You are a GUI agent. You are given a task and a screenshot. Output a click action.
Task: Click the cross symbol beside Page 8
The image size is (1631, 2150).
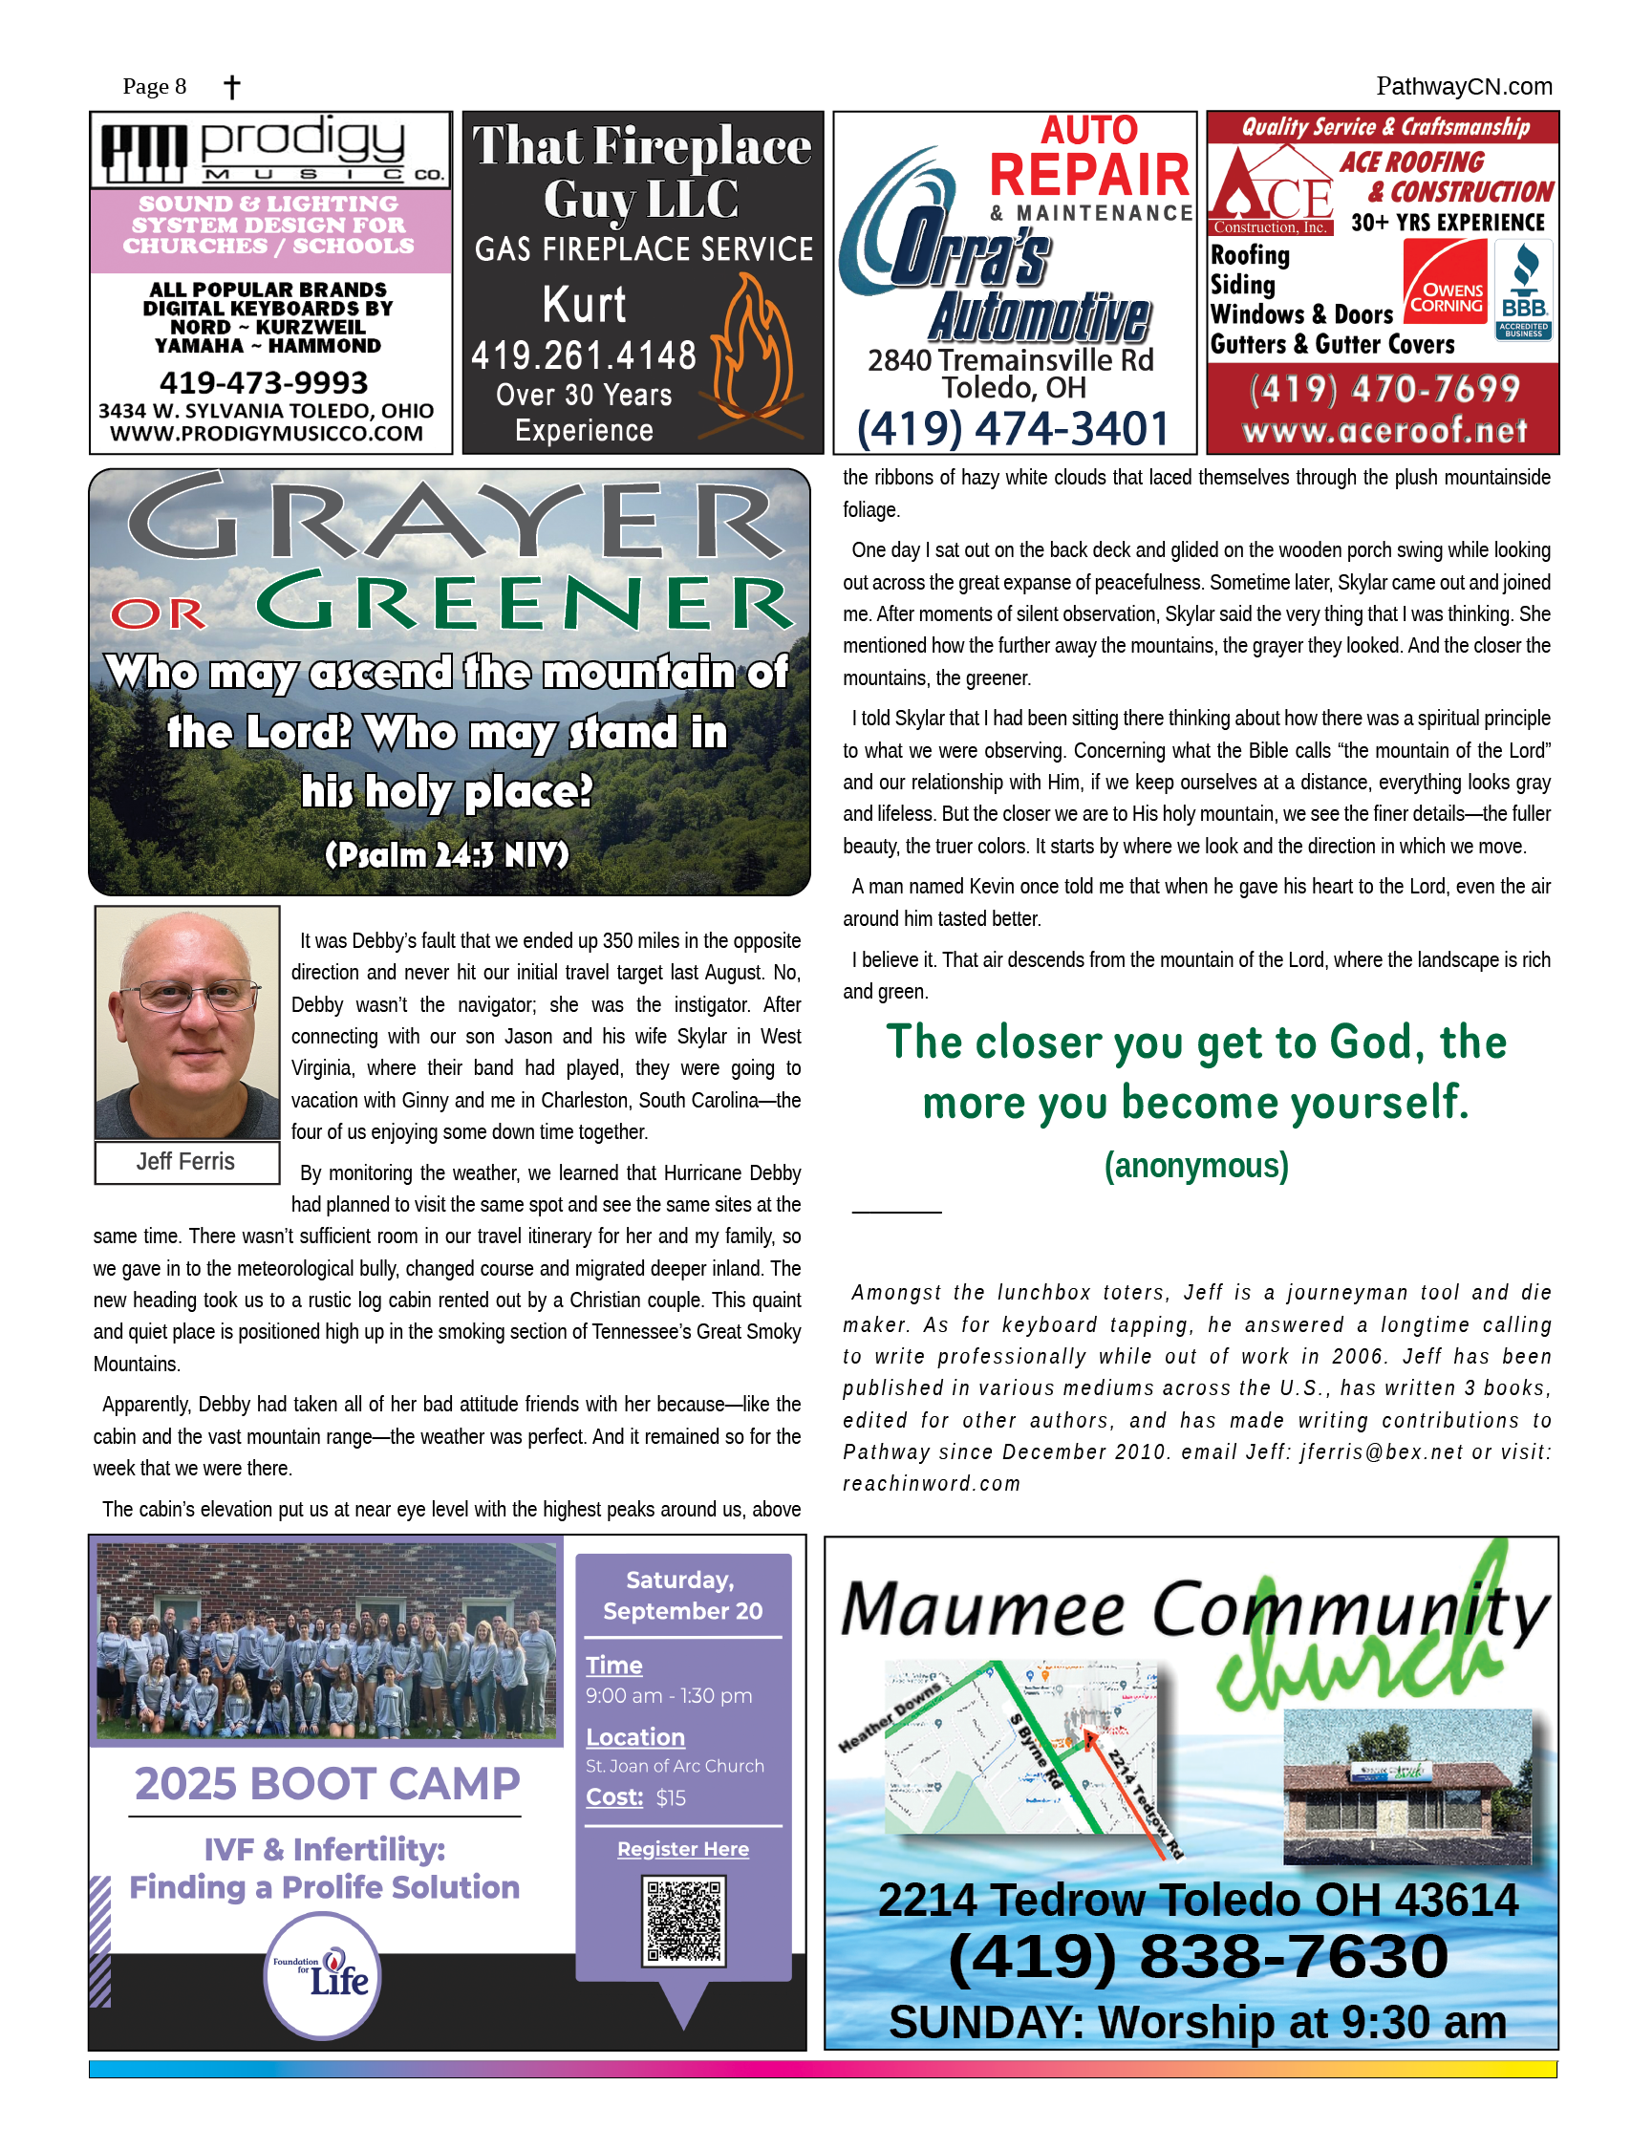tap(231, 88)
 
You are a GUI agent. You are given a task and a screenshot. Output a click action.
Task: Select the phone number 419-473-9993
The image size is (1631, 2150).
tap(264, 382)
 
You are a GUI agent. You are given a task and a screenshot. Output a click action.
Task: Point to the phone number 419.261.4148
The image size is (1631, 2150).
tap(583, 355)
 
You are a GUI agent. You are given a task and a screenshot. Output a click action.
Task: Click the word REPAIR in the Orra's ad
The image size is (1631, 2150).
tap(1089, 175)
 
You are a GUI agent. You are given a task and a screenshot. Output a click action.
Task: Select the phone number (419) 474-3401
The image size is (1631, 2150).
tap(1013, 429)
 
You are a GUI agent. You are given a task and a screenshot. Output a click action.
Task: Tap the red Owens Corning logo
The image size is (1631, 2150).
tap(1446, 283)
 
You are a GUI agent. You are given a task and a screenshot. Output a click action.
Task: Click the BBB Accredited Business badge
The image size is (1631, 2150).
tap(1523, 290)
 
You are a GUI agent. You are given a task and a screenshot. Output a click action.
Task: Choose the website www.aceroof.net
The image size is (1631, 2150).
tap(1384, 431)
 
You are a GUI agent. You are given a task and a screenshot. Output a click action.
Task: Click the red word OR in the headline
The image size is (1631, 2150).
tap(159, 614)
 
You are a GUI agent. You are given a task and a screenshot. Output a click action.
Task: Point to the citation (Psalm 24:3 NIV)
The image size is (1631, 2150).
tap(446, 855)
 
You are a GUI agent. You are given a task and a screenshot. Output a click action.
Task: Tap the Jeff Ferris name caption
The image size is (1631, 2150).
tap(185, 1162)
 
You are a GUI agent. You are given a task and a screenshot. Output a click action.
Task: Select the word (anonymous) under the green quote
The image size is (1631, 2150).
tap(1195, 1165)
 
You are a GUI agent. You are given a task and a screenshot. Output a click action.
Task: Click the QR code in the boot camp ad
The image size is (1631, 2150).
tap(683, 1921)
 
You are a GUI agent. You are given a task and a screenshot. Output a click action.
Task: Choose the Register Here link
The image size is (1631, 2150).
tap(683, 1849)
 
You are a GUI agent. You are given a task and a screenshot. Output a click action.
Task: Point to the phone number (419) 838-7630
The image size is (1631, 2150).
tap(1197, 1957)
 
